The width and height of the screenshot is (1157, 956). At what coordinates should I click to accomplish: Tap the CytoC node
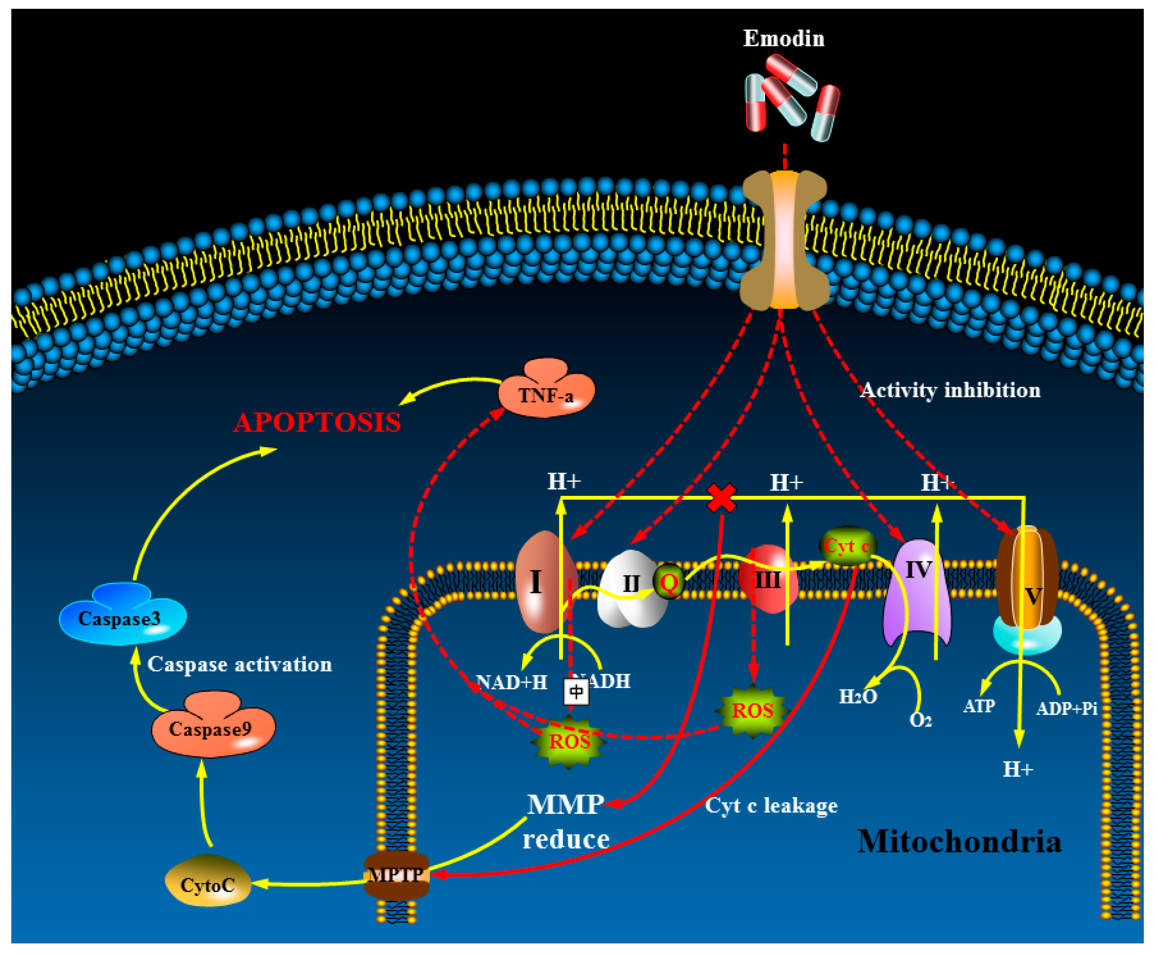tap(208, 884)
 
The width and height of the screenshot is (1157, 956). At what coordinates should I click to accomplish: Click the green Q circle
tap(669, 581)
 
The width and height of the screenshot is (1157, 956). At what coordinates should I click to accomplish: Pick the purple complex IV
tap(917, 589)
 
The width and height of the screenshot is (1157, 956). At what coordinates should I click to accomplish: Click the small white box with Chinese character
tap(576, 692)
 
